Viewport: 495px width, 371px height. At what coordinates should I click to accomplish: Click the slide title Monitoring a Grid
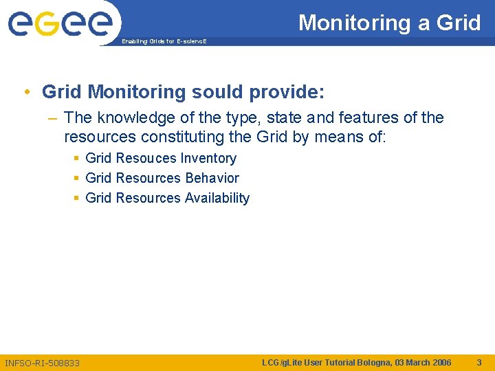[389, 23]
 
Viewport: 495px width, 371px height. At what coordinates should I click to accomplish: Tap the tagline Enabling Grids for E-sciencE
[163, 42]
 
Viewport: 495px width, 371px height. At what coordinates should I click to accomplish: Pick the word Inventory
[208, 158]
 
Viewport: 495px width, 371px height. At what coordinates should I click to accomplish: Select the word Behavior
[212, 178]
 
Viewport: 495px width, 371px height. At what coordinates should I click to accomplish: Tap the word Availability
[217, 198]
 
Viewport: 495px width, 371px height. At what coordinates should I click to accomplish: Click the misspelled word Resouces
[146, 158]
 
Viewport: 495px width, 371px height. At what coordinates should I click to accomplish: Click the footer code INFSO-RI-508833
[42, 362]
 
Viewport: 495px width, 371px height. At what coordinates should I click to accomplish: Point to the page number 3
[479, 362]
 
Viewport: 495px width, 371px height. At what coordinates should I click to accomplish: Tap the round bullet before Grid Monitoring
[25, 92]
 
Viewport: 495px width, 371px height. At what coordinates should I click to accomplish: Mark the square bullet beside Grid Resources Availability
[76, 198]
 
